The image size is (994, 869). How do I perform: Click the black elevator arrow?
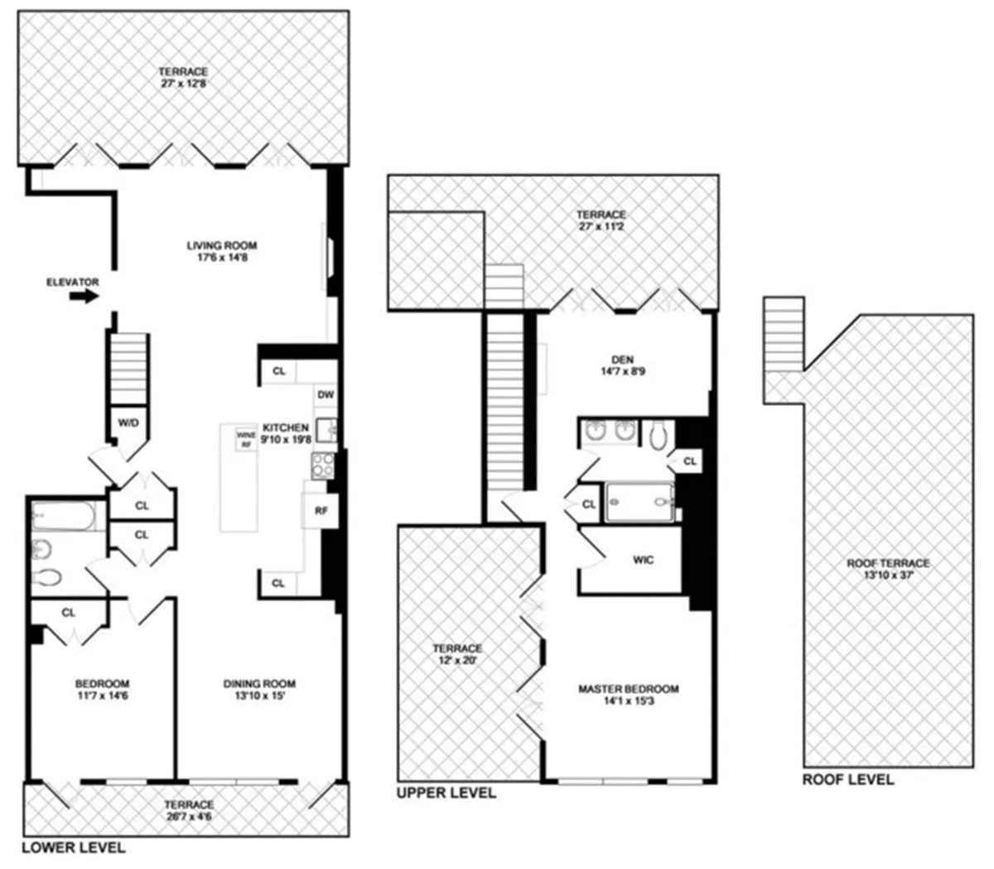(83, 297)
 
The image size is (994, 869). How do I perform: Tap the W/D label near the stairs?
(128, 422)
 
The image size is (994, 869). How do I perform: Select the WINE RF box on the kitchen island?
(246, 439)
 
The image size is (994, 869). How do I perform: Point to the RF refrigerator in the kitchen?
(321, 511)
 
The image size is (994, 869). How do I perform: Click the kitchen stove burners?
(322, 466)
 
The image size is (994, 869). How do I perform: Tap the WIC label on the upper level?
(643, 560)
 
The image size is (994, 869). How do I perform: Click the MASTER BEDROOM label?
(628, 689)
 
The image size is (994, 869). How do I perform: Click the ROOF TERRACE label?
(887, 563)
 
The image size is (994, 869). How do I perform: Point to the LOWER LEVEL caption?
(74, 847)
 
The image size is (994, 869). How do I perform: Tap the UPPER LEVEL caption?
(446, 793)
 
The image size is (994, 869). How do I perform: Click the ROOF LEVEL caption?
(847, 780)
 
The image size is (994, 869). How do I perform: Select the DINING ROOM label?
(259, 683)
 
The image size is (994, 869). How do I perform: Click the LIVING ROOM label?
(221, 245)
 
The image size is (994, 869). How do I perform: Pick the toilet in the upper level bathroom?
(658, 434)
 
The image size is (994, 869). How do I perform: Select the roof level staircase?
(783, 335)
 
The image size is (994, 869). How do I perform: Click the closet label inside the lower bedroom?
(69, 613)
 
